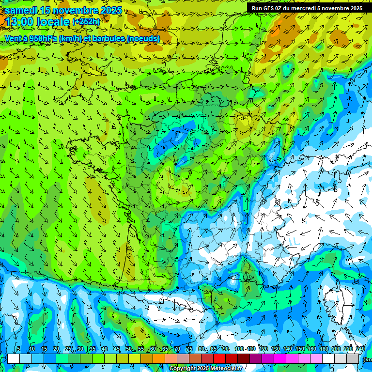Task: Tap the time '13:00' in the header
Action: pyautogui.click(x=21, y=22)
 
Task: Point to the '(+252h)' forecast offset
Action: pyautogui.click(x=86, y=22)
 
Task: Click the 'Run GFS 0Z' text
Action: pyautogui.click(x=268, y=8)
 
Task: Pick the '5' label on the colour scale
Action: pyautogui.click(x=18, y=349)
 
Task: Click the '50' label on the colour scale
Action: pyautogui.click(x=129, y=349)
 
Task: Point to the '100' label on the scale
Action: pyautogui.click(x=239, y=349)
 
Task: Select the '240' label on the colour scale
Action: pyautogui.click(x=360, y=349)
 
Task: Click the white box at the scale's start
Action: pyautogui.click(x=14, y=359)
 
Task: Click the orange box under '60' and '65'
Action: pyautogui.click(x=159, y=359)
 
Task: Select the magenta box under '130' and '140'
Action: pyautogui.click(x=280, y=359)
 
